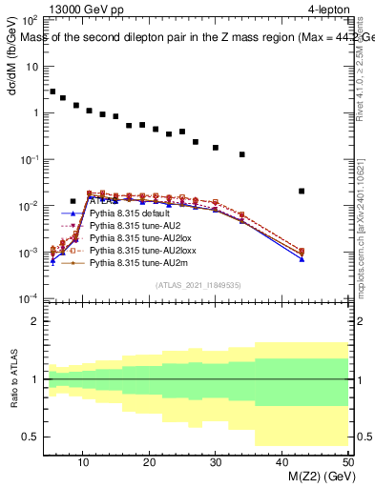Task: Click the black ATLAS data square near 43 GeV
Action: pyautogui.click(x=302, y=192)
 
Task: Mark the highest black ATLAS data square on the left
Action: pyautogui.click(x=52, y=91)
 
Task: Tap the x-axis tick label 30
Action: pyautogui.click(x=216, y=462)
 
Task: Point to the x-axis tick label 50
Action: pyautogui.click(x=347, y=462)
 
